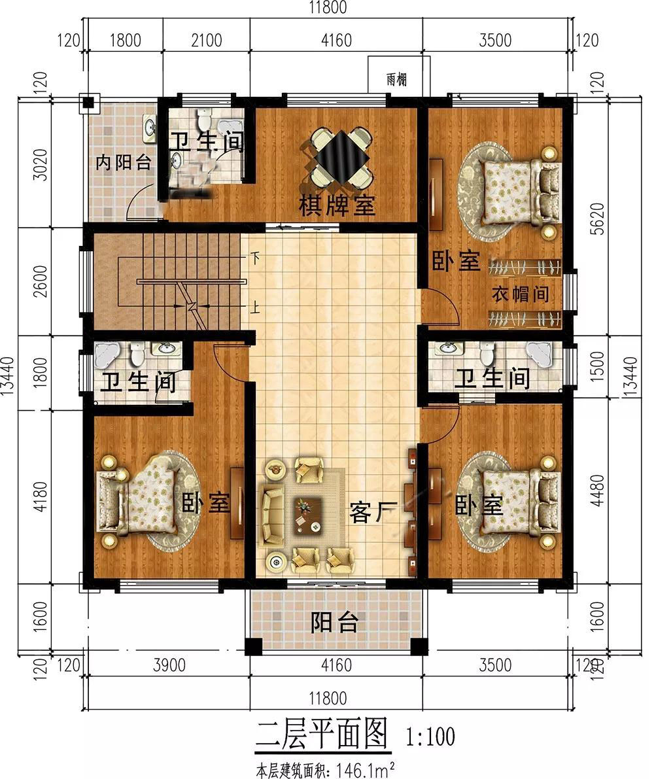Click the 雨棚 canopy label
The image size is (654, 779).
396,80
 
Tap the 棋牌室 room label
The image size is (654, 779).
337,205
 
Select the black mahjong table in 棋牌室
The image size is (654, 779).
342,156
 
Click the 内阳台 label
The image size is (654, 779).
123,162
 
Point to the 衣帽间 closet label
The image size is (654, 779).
521,294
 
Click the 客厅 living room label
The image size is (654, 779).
374,511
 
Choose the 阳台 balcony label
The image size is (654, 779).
335,622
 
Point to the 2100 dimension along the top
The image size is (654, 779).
206,40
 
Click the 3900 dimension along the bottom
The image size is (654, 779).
169,665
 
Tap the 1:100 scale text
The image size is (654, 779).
430,736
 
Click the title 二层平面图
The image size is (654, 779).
321,735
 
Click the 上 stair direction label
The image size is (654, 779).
254,307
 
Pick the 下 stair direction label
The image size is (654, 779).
255,258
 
